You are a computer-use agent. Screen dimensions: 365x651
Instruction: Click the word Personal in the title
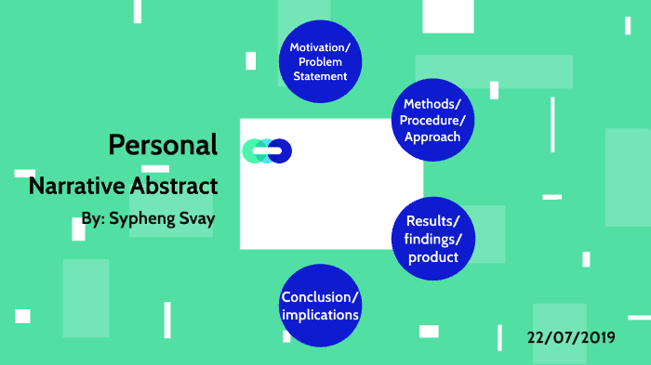(x=163, y=145)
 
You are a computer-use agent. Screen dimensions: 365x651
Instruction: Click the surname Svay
(x=198, y=220)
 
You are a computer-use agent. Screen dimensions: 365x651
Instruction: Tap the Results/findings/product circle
(x=432, y=239)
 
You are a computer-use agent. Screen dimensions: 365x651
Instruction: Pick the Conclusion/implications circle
(x=320, y=306)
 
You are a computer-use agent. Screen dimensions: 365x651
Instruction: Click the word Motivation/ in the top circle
(x=320, y=47)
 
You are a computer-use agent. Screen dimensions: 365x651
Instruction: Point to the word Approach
(x=432, y=137)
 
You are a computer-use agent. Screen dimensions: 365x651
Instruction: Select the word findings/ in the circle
(x=433, y=239)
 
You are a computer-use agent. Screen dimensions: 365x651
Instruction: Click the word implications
(x=320, y=315)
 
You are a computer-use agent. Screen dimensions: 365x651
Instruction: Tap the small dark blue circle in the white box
(x=280, y=150)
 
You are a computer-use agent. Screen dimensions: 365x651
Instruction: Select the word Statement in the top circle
(x=320, y=76)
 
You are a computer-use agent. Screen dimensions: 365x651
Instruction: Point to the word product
(x=433, y=256)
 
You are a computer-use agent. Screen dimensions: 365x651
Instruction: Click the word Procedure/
(x=432, y=120)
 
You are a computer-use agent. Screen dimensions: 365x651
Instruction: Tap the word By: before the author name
(x=92, y=220)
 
